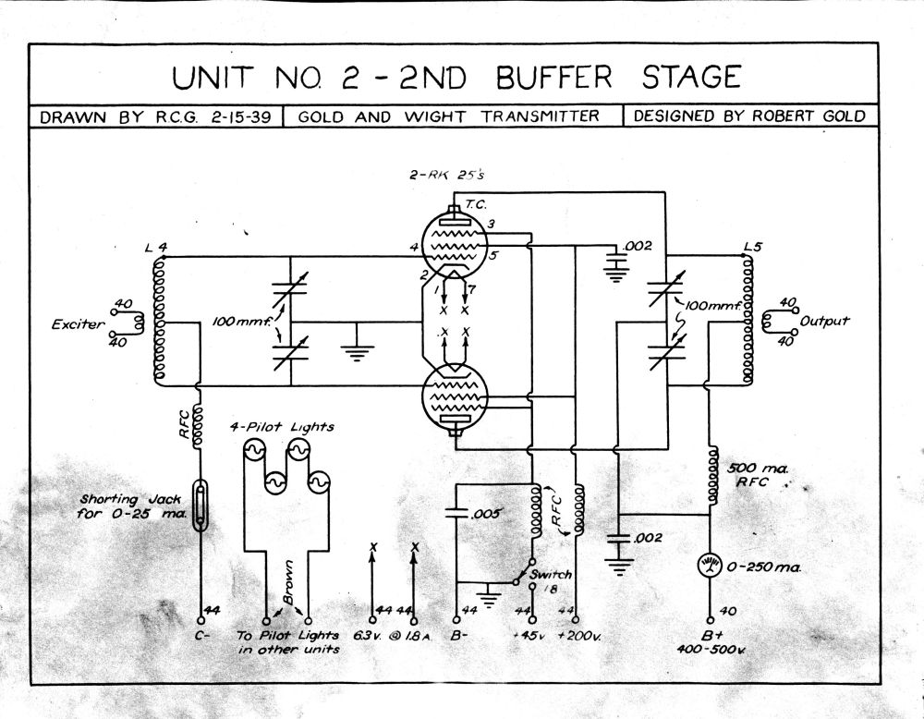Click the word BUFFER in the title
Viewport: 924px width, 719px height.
point(554,79)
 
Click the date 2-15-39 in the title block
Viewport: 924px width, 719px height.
point(240,116)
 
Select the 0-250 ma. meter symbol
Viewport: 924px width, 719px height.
point(710,567)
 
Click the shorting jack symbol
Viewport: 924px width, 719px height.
point(201,506)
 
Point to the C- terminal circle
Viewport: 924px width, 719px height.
point(201,620)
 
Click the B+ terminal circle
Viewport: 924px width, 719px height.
point(711,620)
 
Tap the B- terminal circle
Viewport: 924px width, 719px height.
point(456,620)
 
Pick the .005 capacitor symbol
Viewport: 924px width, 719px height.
point(456,512)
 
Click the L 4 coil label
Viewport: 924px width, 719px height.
point(156,248)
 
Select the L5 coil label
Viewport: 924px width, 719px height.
point(752,247)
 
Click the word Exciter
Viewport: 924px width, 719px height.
point(78,324)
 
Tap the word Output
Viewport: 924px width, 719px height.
point(824,322)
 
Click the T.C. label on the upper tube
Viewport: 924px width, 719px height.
point(476,204)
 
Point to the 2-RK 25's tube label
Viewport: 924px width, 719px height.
point(447,175)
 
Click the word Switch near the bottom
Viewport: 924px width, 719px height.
point(551,574)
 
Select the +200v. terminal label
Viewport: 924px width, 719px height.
point(579,637)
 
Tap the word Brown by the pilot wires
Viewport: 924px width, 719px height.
point(288,581)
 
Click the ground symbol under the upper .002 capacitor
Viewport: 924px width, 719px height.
point(615,274)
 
